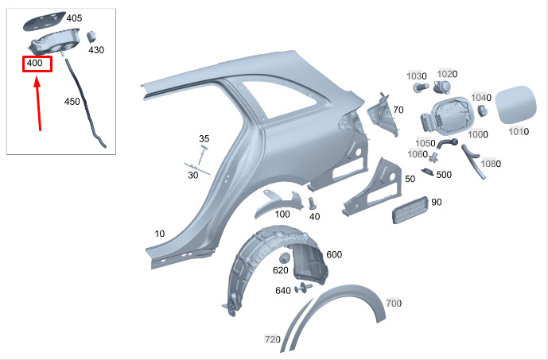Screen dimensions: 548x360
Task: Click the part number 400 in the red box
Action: [35, 63]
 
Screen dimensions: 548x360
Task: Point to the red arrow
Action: [38, 105]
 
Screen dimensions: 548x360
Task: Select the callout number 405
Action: [74, 17]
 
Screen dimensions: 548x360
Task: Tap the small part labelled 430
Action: [91, 37]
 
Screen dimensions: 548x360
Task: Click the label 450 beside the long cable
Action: [72, 102]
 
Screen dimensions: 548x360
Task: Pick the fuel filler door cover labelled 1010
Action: [516, 105]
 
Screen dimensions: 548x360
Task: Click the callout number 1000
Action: [478, 134]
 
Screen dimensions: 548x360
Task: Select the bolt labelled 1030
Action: [421, 87]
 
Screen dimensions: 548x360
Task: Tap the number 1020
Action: [447, 74]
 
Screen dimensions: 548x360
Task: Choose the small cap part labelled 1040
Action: [483, 110]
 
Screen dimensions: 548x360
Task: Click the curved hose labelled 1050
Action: [447, 143]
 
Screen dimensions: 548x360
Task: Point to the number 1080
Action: [491, 164]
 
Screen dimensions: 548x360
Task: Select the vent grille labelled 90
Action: [410, 210]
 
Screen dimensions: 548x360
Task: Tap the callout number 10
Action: [160, 234]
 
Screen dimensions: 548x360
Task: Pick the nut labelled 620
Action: [285, 258]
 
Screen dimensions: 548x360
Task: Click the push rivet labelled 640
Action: [303, 288]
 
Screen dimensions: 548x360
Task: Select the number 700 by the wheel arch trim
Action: [394, 303]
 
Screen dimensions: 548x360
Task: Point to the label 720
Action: [273, 339]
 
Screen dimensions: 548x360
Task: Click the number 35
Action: [204, 138]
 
